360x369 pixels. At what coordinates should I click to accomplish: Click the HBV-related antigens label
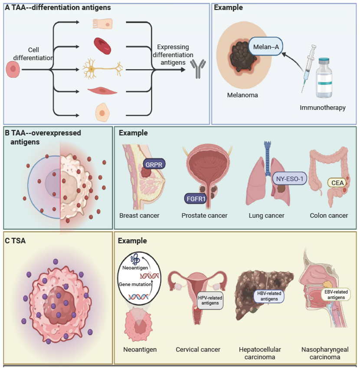click(267, 296)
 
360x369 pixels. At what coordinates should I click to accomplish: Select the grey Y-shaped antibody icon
click(198, 69)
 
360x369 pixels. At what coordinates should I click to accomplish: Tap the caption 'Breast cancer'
click(139, 216)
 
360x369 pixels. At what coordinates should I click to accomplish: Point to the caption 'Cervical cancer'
click(198, 349)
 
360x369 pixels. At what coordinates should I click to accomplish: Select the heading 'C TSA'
click(16, 241)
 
